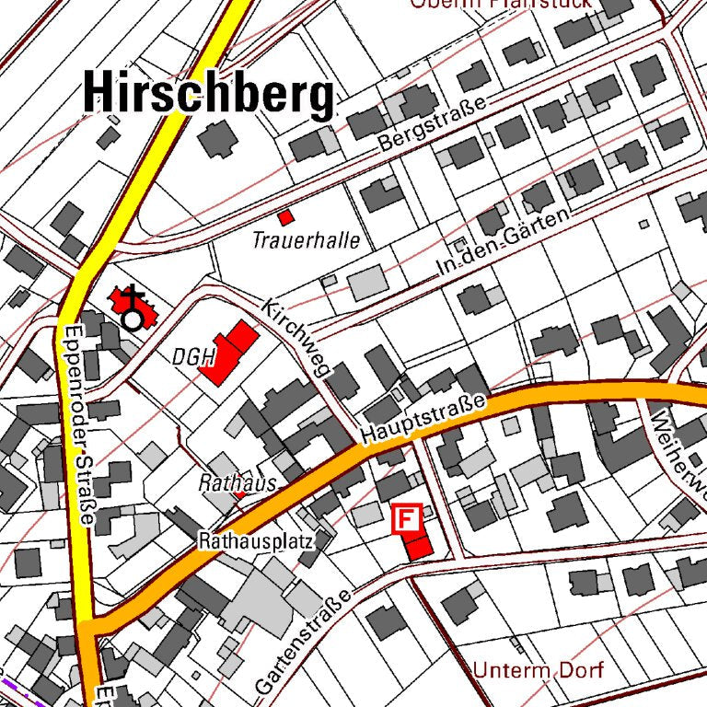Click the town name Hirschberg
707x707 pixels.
pyautogui.click(x=208, y=93)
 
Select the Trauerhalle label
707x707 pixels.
pyautogui.click(x=306, y=241)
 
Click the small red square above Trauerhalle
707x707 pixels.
pyautogui.click(x=286, y=217)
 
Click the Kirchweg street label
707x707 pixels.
pyautogui.click(x=295, y=337)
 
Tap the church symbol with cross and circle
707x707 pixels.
pyautogui.click(x=133, y=307)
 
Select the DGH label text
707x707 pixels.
pyautogui.click(x=192, y=356)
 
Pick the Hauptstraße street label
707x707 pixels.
pyautogui.click(x=423, y=418)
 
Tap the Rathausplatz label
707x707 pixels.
pyautogui.click(x=256, y=541)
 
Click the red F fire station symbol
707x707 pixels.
pyautogui.click(x=406, y=518)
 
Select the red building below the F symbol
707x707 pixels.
pyautogui.click(x=417, y=546)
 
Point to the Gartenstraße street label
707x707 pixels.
pyautogui.click(x=303, y=643)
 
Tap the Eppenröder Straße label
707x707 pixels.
pyautogui.click(x=76, y=423)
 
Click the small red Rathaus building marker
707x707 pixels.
pyautogui.click(x=241, y=495)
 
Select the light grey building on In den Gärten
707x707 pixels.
pyautogui.click(x=366, y=283)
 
